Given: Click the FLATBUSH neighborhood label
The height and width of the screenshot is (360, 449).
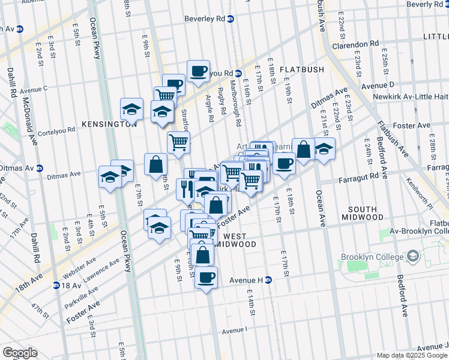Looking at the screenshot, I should pyautogui.click(x=301, y=70).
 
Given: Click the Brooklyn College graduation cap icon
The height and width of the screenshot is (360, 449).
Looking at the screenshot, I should pyautogui.click(x=413, y=257).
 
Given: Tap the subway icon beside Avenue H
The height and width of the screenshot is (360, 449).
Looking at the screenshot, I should pyautogui.click(x=269, y=280).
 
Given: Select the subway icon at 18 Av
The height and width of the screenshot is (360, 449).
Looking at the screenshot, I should pyautogui.click(x=56, y=285).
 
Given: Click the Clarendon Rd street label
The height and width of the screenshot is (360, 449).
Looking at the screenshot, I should pyautogui.click(x=357, y=44).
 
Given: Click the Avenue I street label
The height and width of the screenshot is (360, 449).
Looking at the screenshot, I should pyautogui.click(x=234, y=330).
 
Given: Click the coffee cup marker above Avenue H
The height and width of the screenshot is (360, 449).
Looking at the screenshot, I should pyautogui.click(x=206, y=277).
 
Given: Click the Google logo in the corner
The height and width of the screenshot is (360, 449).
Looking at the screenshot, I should pyautogui.click(x=19, y=353).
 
